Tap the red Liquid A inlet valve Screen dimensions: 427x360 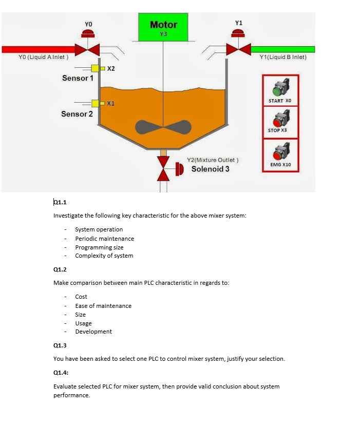(88, 49)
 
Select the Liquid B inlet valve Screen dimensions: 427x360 (238, 49)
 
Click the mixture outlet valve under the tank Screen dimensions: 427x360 (163, 168)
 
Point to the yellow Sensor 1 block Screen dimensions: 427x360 (96, 69)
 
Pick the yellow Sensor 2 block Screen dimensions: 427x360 (96, 104)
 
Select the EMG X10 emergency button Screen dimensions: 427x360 (278, 153)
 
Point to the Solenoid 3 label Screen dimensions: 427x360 (211, 169)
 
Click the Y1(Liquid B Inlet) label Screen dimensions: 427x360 (283, 57)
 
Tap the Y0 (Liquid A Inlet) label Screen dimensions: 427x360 (43, 57)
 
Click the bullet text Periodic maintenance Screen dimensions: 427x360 (104, 239)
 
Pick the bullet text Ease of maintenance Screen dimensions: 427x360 (103, 306)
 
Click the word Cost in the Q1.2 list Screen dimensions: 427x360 (81, 297)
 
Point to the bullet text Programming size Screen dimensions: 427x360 (99, 247)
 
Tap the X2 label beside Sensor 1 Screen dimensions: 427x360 (111, 69)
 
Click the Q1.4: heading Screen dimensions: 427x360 (61, 373)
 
